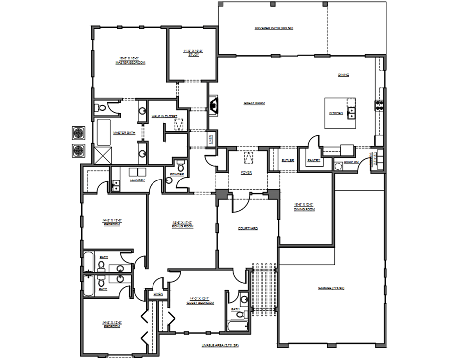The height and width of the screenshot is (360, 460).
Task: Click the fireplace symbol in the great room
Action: (x=214, y=105)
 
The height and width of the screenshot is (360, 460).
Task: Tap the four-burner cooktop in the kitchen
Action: (x=380, y=105)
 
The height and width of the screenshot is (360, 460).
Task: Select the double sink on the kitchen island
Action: (x=351, y=113)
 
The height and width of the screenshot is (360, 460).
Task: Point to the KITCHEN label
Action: (x=336, y=113)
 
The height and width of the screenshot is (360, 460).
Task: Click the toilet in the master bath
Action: (x=101, y=108)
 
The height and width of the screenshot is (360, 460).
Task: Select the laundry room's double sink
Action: (x=116, y=186)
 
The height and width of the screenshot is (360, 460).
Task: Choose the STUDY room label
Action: (x=193, y=53)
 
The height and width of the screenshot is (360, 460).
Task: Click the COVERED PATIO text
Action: (x=274, y=29)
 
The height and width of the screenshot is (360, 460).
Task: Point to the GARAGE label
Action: (x=331, y=288)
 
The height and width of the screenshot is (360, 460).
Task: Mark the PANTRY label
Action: (x=314, y=160)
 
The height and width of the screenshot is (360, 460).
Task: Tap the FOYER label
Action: (x=247, y=173)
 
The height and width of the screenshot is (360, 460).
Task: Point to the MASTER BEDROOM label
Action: (x=131, y=61)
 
